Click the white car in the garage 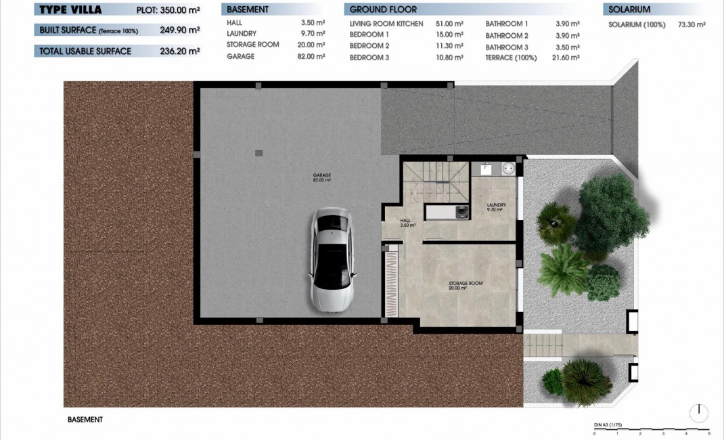332,258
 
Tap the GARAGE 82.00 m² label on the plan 321,178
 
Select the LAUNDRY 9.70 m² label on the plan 496,207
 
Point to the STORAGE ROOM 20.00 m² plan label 466,285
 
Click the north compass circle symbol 700,412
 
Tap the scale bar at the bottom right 651,429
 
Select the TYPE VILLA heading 70,9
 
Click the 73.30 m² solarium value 692,24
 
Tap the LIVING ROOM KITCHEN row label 386,24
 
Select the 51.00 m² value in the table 449,24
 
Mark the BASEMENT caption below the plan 85,420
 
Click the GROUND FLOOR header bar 460,9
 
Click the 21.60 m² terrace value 566,58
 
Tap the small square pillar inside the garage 258,153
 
